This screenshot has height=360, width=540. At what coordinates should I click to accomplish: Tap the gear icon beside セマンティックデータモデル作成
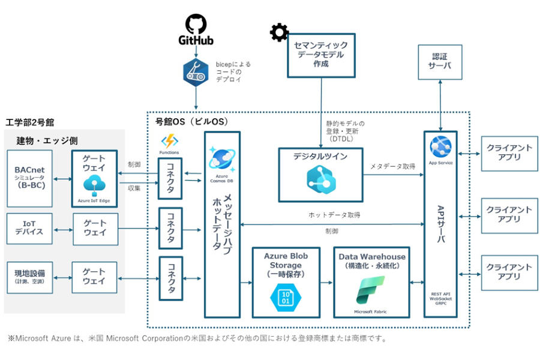click(279, 32)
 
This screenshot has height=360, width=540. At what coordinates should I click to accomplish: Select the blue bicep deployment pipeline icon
click(196, 71)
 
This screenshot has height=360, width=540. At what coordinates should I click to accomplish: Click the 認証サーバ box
click(440, 61)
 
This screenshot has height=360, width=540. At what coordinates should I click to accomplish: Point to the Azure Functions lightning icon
click(170, 142)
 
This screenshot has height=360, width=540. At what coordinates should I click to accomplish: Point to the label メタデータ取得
click(392, 166)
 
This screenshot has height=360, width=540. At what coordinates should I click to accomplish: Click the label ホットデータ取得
click(334, 215)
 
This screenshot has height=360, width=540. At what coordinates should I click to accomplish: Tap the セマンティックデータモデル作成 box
click(322, 55)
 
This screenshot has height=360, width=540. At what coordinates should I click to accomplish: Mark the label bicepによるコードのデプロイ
click(233, 71)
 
